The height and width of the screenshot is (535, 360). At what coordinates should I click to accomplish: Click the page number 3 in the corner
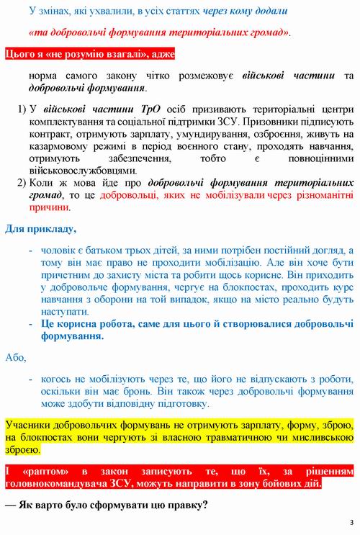point(351,521)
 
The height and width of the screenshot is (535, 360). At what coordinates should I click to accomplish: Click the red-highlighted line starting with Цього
point(89,55)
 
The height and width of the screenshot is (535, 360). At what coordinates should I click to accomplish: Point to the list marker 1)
point(22,108)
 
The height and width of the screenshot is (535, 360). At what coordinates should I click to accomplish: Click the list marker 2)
point(22,183)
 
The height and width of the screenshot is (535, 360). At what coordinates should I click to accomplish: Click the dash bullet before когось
point(30,377)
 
